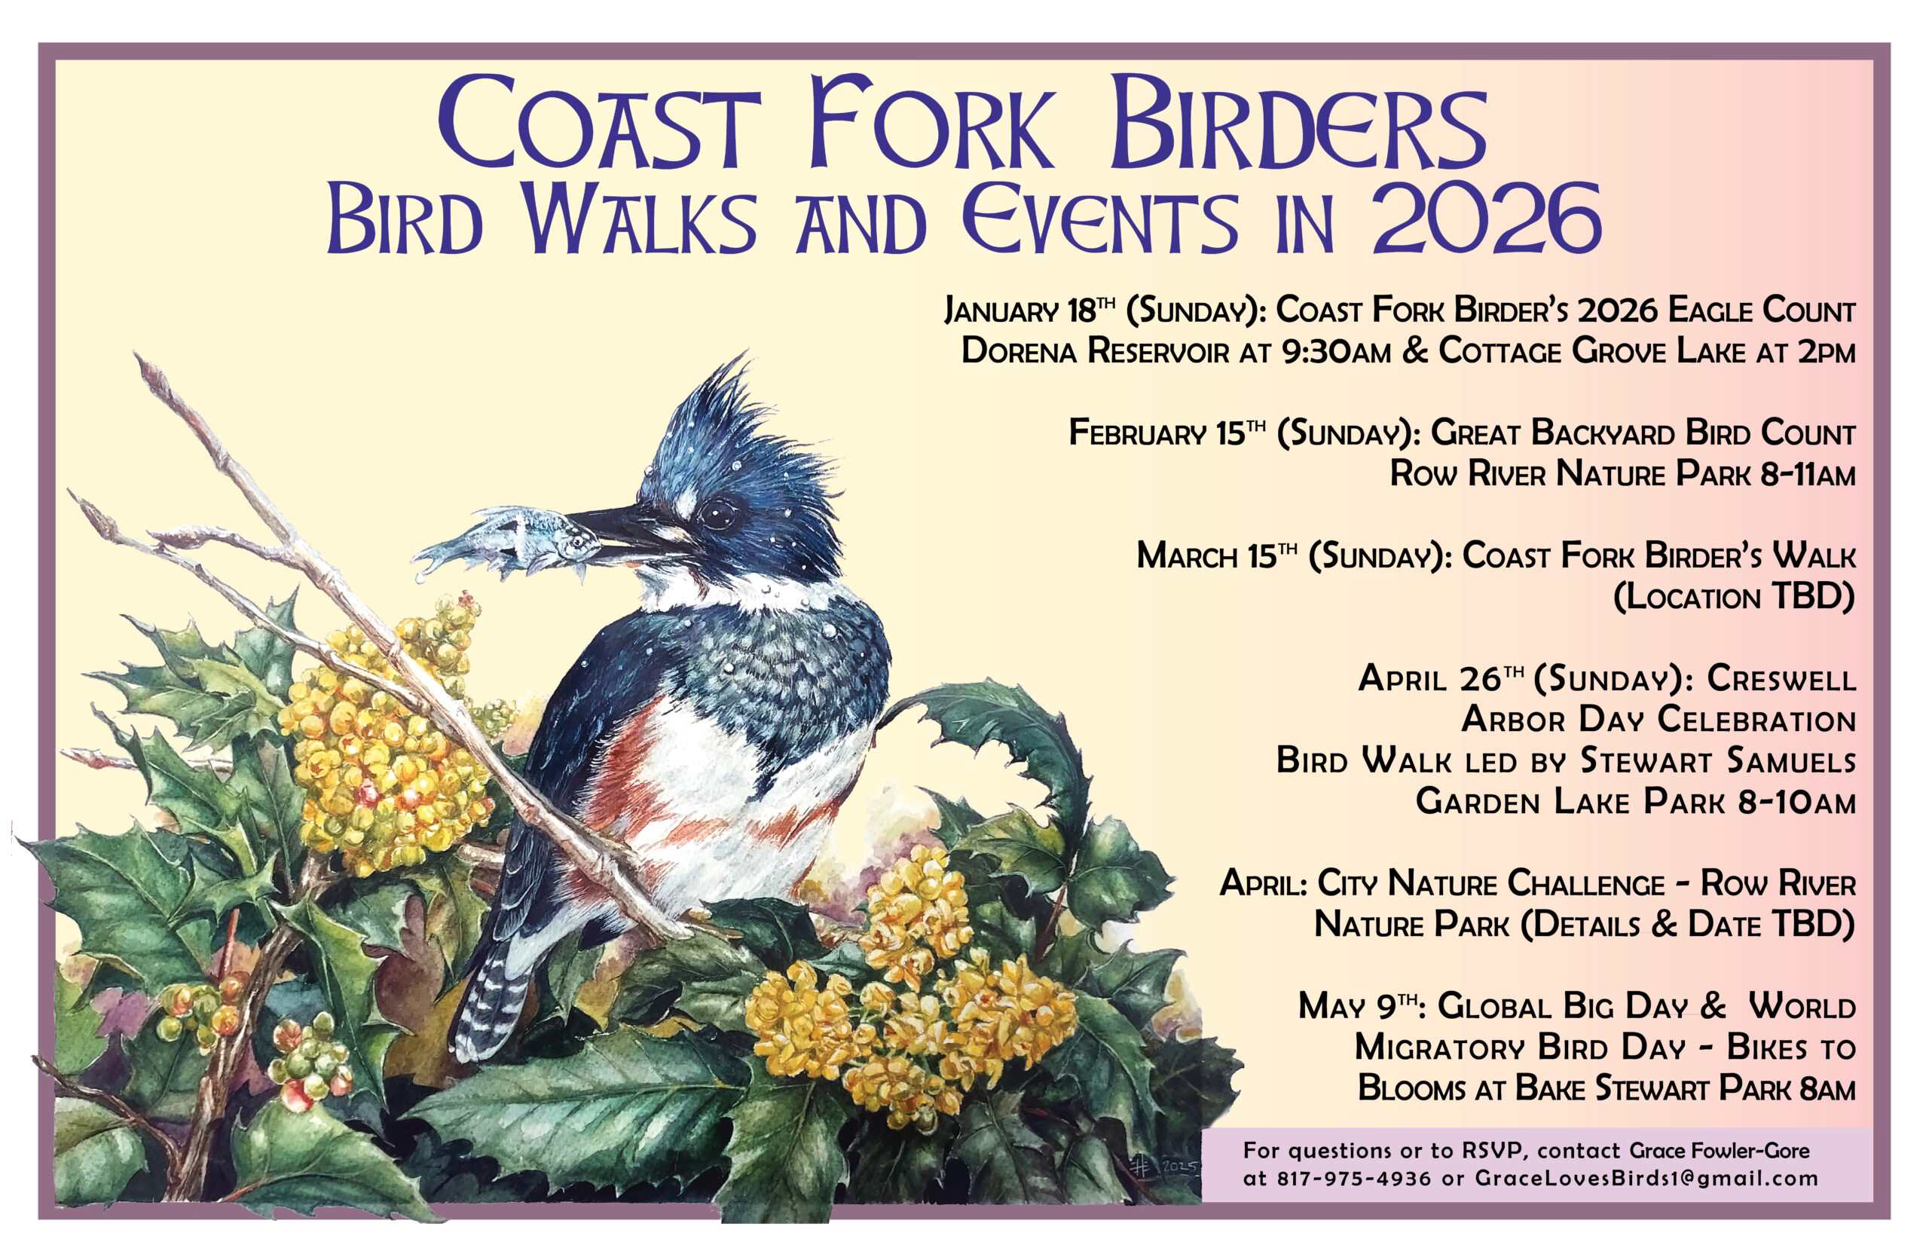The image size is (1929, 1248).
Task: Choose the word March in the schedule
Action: click(1185, 556)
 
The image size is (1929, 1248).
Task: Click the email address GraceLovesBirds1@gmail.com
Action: click(1646, 1179)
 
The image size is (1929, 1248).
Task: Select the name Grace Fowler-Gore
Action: click(1720, 1151)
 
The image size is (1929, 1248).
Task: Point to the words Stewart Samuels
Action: click(1717, 760)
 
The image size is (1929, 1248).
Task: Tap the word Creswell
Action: click(1781, 678)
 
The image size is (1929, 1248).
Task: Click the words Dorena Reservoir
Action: click(1095, 351)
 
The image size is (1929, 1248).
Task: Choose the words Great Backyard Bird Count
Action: click(1642, 433)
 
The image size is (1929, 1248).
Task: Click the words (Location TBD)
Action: click(1733, 598)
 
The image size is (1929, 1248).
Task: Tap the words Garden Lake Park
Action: click(1570, 801)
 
